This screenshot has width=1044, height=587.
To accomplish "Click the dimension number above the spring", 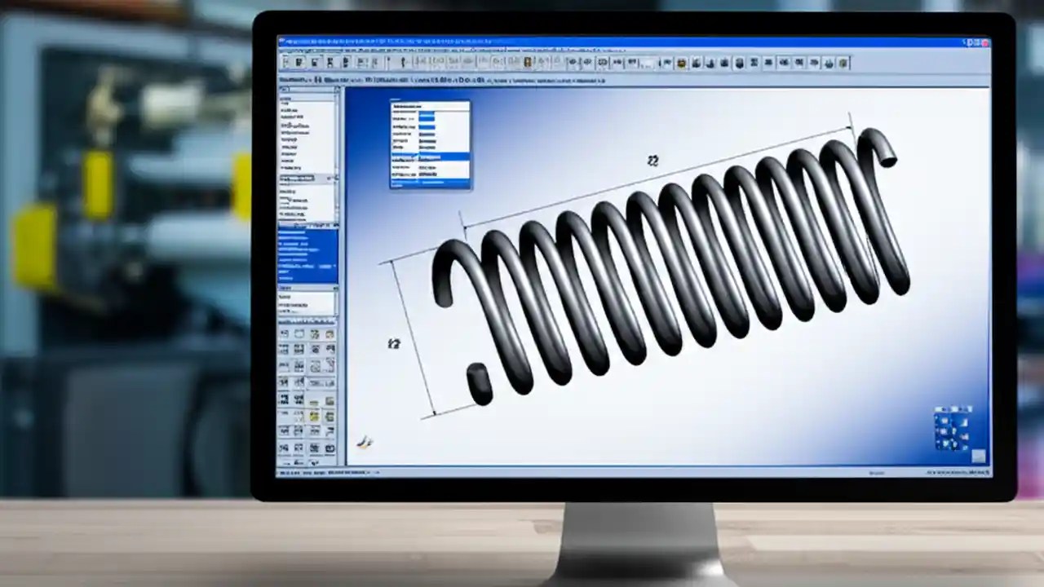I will [652, 161].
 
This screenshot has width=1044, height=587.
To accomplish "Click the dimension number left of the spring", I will [394, 344].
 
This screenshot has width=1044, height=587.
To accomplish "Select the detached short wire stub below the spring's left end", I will [479, 383].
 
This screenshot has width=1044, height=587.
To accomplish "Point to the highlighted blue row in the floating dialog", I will [430, 156].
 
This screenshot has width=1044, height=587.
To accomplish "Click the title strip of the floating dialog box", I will [430, 105].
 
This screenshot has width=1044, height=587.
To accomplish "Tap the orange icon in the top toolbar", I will [528, 62].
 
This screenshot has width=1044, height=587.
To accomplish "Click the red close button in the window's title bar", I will [984, 42].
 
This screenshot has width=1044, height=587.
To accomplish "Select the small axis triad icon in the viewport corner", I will [365, 442].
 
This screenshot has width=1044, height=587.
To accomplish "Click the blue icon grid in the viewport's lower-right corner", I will [953, 428].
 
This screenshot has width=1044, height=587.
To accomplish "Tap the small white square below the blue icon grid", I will [978, 457].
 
